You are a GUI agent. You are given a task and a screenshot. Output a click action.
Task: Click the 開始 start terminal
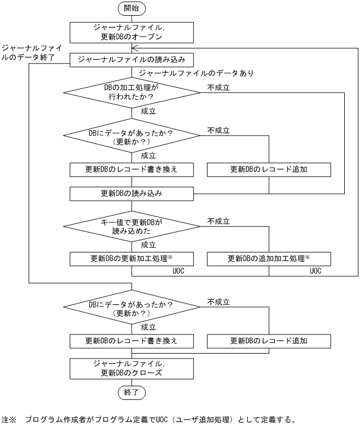tap(132, 9)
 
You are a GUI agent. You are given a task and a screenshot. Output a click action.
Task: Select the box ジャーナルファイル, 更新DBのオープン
tap(132, 32)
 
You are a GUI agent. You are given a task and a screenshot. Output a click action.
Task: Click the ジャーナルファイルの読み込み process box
tap(132, 59)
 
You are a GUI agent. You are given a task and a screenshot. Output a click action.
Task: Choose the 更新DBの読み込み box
tap(132, 193)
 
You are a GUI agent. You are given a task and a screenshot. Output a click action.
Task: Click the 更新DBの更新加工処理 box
tap(132, 258)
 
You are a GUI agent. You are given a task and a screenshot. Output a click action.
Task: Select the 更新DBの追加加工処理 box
tap(270, 258)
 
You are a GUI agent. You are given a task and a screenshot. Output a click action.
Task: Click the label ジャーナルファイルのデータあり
tap(197, 73)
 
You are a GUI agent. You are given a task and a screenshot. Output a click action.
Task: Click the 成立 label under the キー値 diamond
tap(149, 245)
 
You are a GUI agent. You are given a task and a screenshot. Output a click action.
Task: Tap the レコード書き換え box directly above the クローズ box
tap(132, 341)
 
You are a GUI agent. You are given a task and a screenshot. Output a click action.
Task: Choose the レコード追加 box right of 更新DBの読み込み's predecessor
tap(270, 169)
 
